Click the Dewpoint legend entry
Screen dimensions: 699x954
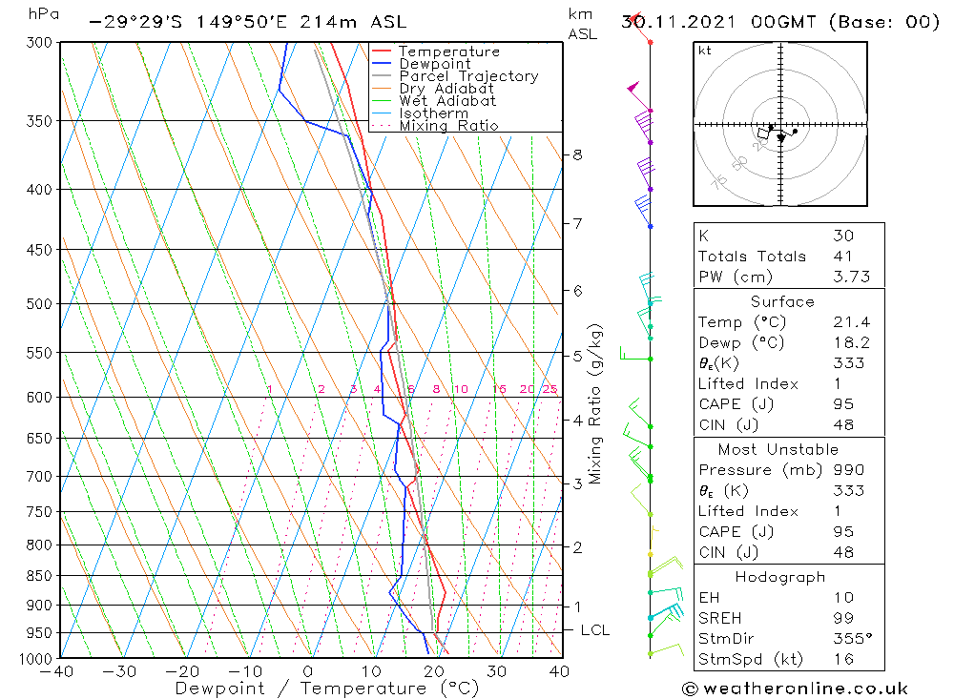click(x=434, y=64)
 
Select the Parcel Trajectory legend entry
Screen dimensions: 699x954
click(x=468, y=76)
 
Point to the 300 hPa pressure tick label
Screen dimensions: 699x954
click(x=37, y=43)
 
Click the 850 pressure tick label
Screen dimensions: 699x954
click(x=37, y=576)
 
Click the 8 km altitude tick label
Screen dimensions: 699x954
click(x=577, y=154)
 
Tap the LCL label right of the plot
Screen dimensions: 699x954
click(x=594, y=630)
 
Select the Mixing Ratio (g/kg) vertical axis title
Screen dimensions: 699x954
click(x=595, y=403)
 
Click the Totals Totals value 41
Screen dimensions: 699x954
click(x=842, y=256)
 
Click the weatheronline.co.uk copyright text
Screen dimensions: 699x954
click(x=795, y=688)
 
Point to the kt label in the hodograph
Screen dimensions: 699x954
click(x=705, y=51)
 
